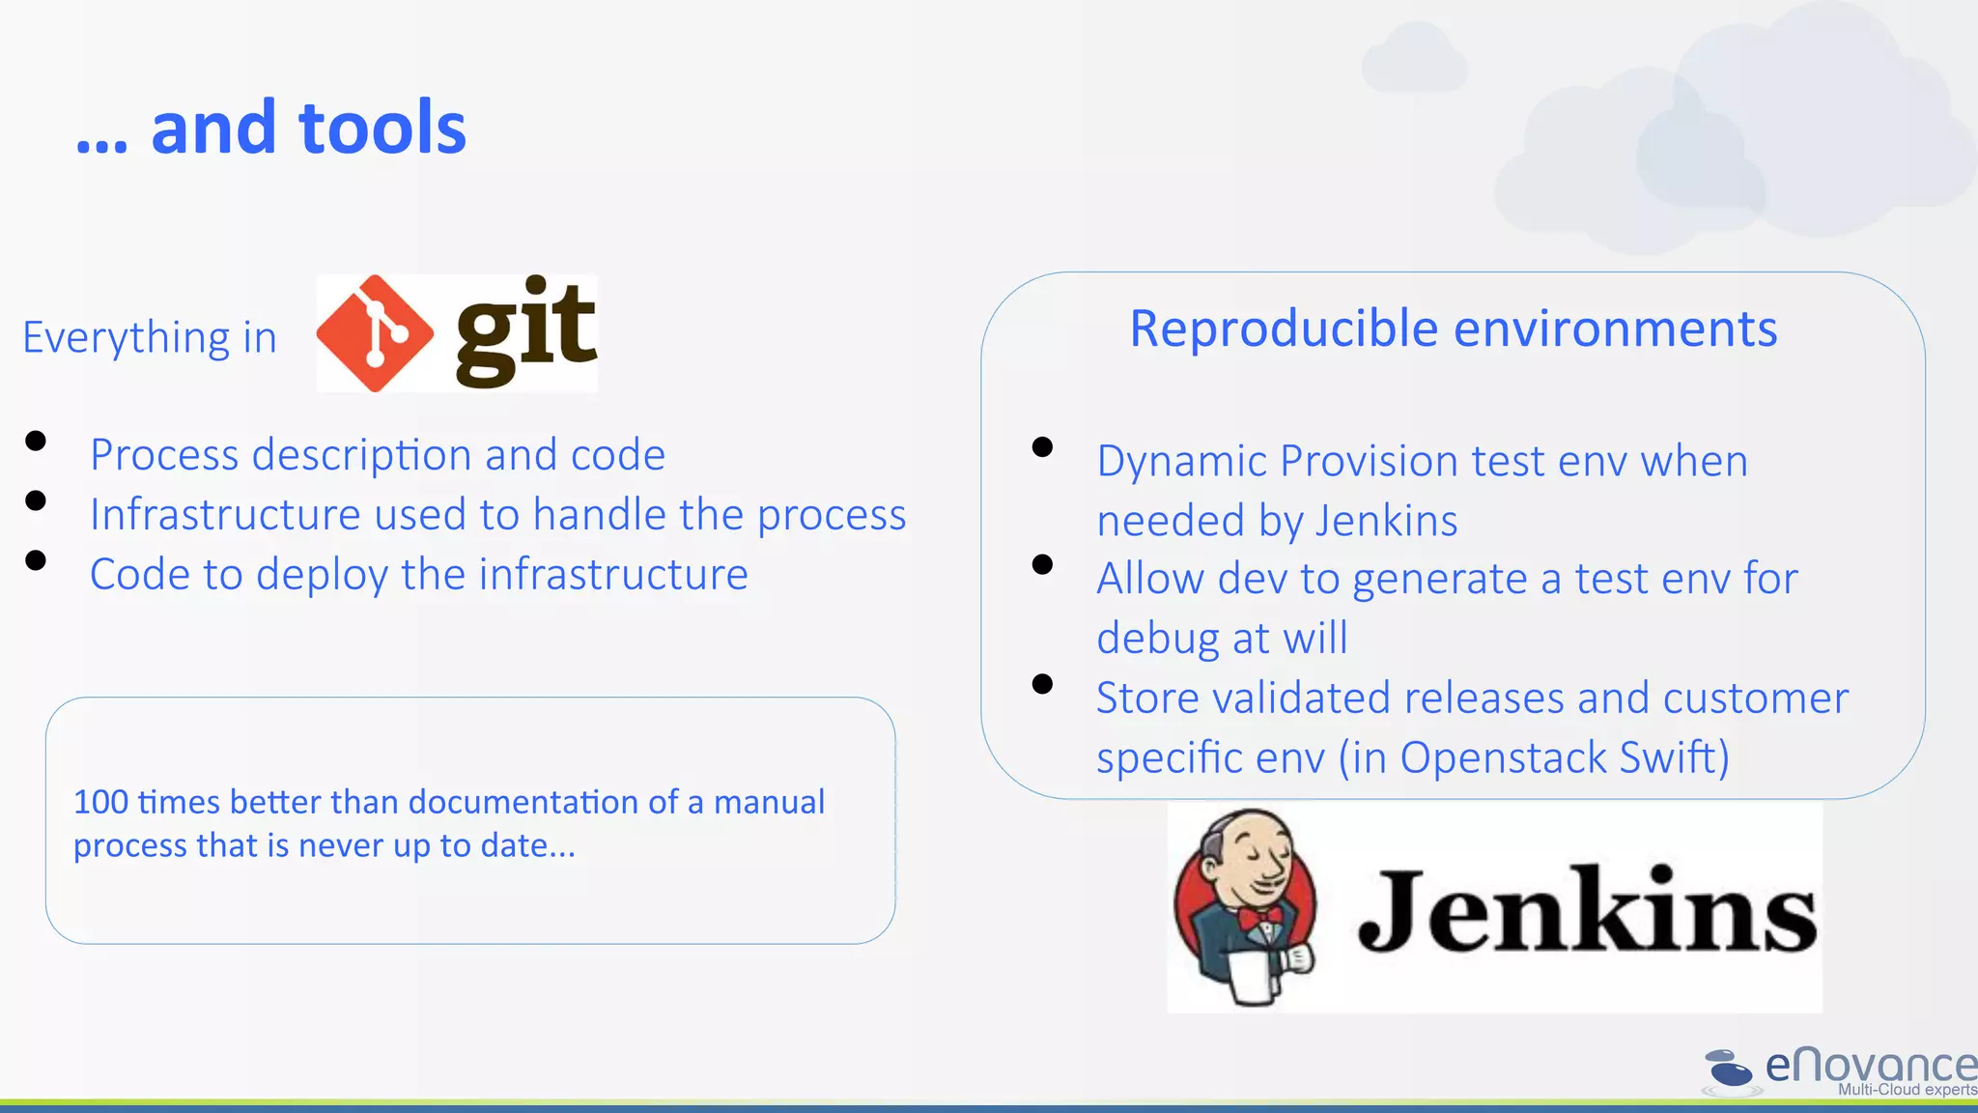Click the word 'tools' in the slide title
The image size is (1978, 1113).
pos(382,128)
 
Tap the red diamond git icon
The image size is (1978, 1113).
pos(375,333)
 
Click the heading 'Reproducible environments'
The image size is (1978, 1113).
pos(1453,329)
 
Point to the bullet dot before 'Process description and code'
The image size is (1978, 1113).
pos(37,442)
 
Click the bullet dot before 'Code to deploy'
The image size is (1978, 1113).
pos(37,561)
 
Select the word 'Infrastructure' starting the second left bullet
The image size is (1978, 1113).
pos(224,515)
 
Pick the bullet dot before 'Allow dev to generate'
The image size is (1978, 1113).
pos(1042,565)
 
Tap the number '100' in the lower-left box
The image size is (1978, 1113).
pos(100,802)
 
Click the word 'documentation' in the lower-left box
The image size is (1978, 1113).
pos(528,802)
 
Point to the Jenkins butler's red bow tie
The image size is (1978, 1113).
pos(1261,916)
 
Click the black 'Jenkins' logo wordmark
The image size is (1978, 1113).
pos(1587,910)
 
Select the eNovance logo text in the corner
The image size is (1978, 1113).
pos(1870,1066)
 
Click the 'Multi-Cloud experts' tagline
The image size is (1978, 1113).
pos(1907,1090)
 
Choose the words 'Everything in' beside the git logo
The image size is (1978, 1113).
pos(150,338)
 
